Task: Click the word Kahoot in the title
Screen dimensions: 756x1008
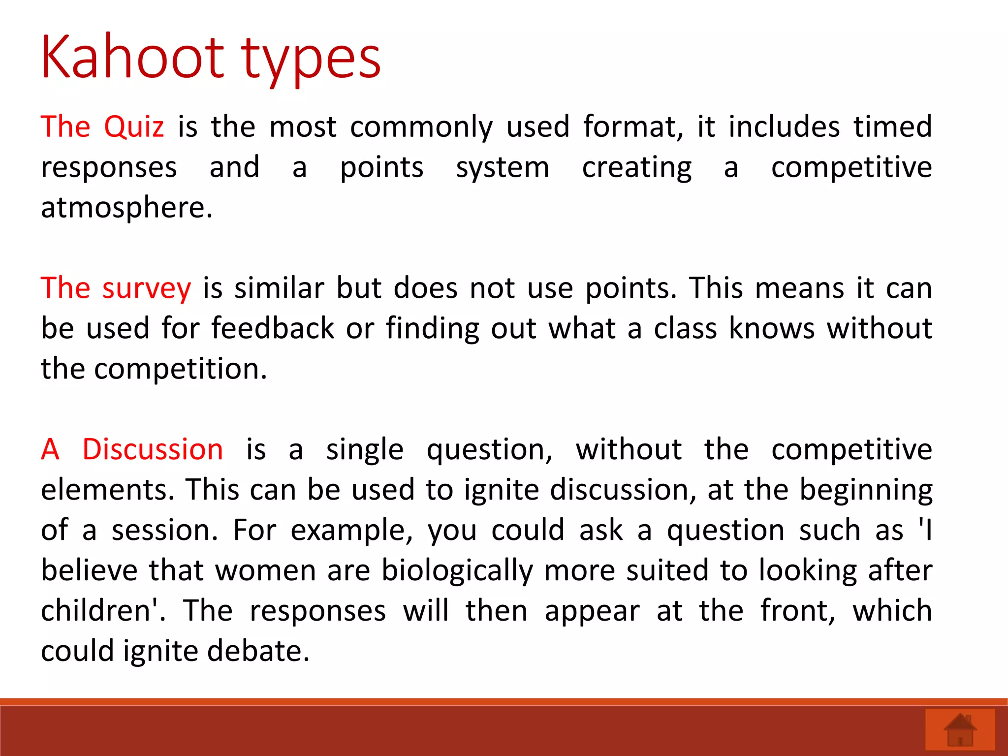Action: (132, 58)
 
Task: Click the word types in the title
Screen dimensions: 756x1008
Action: (311, 62)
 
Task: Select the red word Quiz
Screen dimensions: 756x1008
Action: (134, 127)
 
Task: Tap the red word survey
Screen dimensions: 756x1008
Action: (146, 289)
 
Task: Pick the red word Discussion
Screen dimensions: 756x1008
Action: (153, 449)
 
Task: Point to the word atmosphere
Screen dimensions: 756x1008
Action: (126, 208)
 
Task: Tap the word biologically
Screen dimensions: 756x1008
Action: (457, 571)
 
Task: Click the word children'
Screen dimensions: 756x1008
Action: (103, 611)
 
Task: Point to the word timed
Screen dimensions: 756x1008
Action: (892, 127)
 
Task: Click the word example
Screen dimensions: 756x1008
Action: (351, 531)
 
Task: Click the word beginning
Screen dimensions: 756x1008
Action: (866, 491)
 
